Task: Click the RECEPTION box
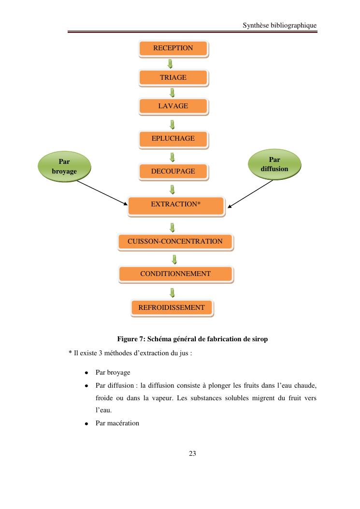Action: (x=173, y=48)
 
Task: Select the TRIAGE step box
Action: (x=173, y=77)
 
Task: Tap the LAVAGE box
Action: (x=173, y=106)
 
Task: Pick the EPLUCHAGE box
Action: (x=173, y=139)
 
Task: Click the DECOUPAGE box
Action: (x=173, y=172)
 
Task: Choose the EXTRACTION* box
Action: (x=175, y=204)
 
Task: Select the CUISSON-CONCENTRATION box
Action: (x=175, y=241)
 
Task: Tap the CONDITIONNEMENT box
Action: (x=175, y=274)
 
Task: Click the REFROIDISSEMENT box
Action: (x=172, y=307)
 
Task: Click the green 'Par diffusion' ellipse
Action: (x=274, y=164)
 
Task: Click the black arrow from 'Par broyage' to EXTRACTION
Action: (x=101, y=192)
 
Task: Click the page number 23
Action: (x=192, y=454)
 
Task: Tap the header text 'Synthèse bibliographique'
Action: (x=280, y=26)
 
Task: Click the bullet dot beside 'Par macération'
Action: (x=86, y=423)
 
